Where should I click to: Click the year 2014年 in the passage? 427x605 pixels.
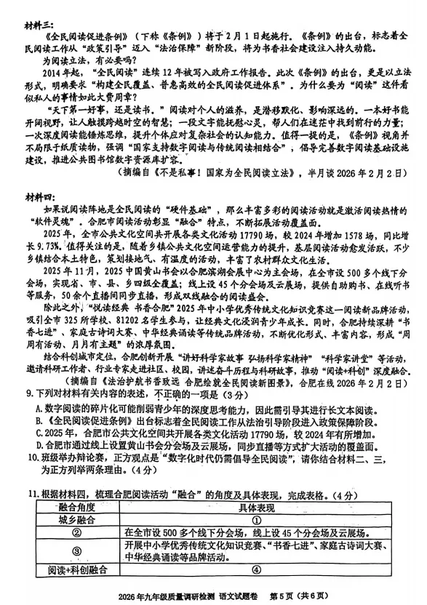click(57, 73)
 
